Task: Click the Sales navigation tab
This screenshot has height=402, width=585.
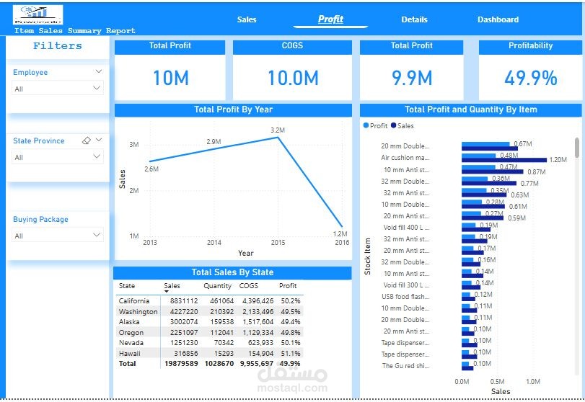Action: click(247, 19)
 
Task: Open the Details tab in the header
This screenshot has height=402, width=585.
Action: click(414, 19)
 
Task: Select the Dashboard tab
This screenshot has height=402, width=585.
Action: click(498, 19)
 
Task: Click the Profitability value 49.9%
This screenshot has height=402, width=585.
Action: click(530, 78)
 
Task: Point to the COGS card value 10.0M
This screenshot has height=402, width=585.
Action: click(293, 78)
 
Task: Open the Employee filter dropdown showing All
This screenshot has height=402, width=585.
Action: click(58, 88)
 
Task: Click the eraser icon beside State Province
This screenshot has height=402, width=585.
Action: click(87, 140)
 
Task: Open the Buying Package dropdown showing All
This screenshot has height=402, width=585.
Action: click(58, 235)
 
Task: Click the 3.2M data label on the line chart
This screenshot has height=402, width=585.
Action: click(278, 130)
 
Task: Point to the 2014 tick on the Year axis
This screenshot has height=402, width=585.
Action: click(214, 243)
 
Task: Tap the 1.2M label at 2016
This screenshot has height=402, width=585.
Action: click(340, 234)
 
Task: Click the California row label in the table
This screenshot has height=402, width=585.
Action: click(134, 300)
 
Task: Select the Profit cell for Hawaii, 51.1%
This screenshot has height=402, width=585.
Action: click(290, 354)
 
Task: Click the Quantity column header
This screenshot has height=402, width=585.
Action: click(217, 286)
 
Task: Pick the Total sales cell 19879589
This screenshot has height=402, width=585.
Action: click(180, 365)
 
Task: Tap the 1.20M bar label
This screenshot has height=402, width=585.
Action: click(558, 160)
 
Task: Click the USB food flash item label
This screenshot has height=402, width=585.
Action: click(405, 297)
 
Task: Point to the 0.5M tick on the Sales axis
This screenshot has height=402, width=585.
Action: click(498, 382)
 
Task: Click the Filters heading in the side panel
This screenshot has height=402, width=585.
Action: click(58, 46)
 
